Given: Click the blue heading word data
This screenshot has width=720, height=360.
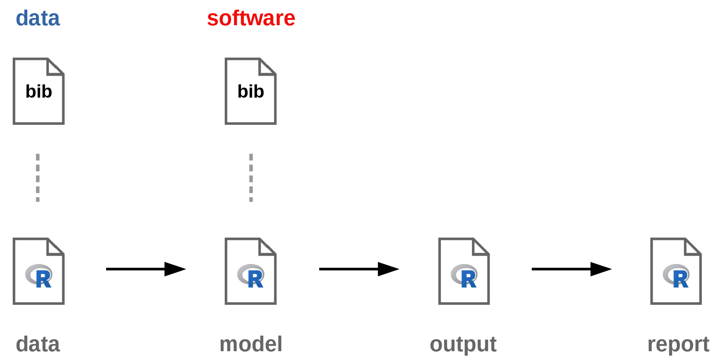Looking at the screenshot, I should click(38, 18).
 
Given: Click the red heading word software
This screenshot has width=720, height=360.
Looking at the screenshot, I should click(251, 18).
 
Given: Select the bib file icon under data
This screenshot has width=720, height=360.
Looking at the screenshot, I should click(38, 91).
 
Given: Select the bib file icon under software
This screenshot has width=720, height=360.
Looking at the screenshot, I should click(250, 91).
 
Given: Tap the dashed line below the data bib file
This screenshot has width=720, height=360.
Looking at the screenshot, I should click(38, 178).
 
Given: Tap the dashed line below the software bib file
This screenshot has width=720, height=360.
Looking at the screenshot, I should click(251, 178).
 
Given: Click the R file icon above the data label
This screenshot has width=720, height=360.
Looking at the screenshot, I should click(38, 271).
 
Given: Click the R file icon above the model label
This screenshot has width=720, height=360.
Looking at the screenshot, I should click(250, 271).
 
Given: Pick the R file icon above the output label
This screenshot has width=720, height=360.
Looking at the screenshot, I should click(464, 271).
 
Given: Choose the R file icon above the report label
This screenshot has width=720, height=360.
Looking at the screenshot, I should click(676, 271).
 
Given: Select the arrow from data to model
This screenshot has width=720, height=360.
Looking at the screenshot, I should click(146, 269).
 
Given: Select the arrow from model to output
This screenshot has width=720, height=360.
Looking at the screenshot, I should click(359, 269).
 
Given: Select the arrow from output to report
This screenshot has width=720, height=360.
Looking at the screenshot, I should click(572, 269).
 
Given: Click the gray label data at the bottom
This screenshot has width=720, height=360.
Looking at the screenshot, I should click(38, 344).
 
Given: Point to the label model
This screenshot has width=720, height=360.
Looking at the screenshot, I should click(251, 344).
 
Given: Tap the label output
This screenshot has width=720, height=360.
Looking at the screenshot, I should click(463, 344).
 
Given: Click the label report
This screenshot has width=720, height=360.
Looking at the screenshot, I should click(678, 344).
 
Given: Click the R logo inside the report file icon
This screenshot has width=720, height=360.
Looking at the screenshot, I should click(676, 276).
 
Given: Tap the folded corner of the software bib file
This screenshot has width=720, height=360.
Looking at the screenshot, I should click(266, 67).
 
